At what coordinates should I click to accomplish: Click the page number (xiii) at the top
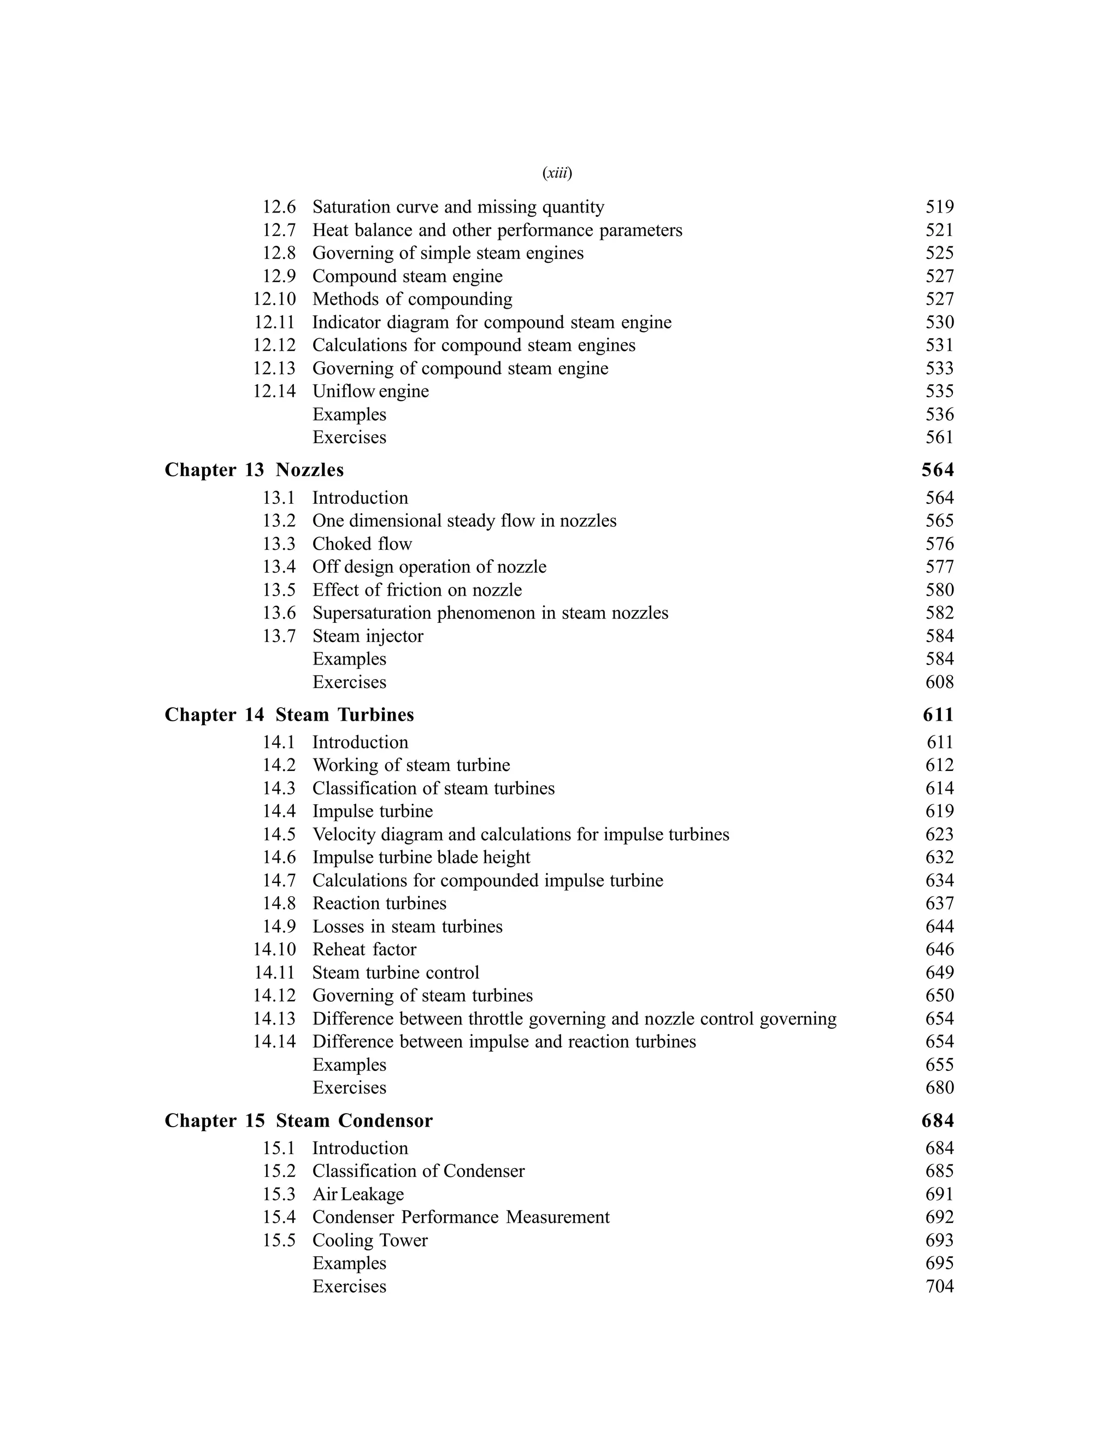557,173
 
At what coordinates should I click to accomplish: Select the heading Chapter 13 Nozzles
254,470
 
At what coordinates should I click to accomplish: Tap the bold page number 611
938,715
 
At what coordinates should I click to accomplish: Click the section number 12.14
274,391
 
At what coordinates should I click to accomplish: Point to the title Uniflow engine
370,391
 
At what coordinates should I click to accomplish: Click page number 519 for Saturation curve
939,207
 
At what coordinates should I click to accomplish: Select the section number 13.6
279,613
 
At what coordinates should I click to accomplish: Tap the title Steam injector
368,636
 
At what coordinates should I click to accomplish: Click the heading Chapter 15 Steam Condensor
298,1121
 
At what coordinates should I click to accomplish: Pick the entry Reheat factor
364,950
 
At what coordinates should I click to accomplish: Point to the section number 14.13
274,1019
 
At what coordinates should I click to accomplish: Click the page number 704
939,1286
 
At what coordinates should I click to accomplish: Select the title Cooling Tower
370,1240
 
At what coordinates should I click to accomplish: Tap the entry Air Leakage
358,1194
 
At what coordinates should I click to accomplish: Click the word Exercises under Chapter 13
349,682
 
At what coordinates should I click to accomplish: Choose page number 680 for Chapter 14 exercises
939,1087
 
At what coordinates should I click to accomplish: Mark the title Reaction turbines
379,904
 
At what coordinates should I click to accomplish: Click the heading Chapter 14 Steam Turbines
289,715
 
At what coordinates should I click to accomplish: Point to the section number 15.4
279,1217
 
